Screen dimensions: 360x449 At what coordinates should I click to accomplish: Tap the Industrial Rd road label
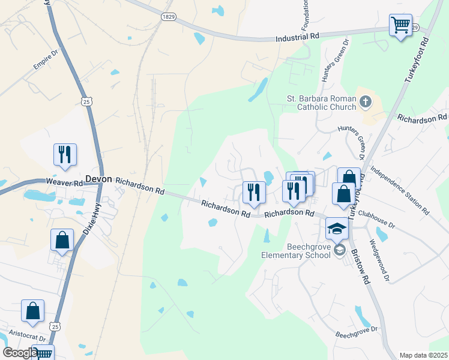[x=297, y=37]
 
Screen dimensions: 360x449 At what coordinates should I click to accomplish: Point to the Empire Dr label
[x=45, y=62]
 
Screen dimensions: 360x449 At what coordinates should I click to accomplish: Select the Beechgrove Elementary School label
[x=297, y=250]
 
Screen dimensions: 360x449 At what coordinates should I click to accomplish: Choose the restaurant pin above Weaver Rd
[x=64, y=154]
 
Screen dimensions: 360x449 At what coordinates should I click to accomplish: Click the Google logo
[x=20, y=353]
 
